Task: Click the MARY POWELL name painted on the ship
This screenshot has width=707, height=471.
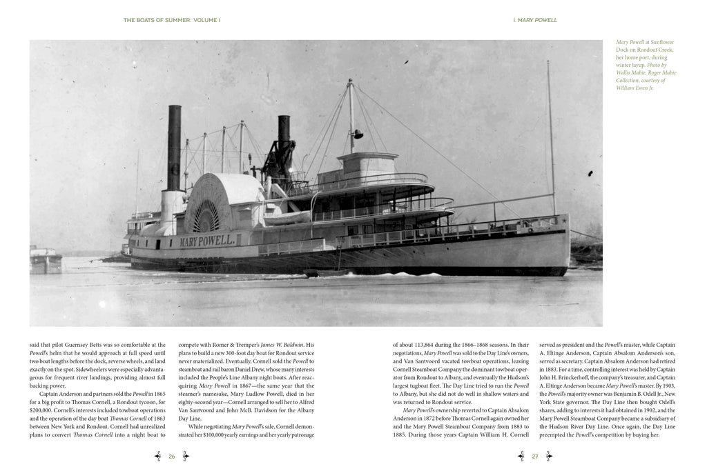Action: point(206,241)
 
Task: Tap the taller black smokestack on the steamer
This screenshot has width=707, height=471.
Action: point(174,148)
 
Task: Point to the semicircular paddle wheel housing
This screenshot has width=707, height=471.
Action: point(216,202)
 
